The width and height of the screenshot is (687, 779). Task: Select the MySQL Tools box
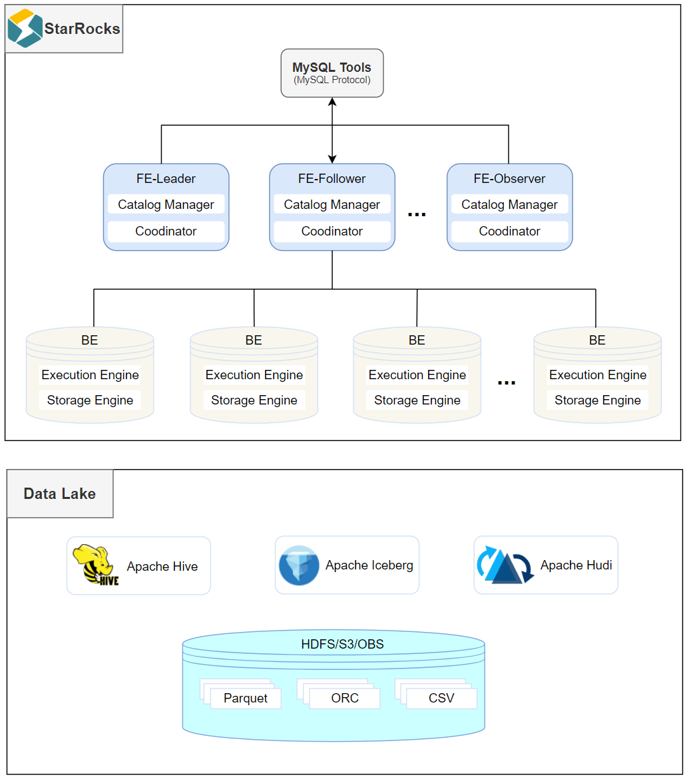click(332, 73)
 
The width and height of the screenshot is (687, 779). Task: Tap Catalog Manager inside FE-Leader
click(166, 205)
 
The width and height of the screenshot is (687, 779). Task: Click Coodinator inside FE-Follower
click(332, 232)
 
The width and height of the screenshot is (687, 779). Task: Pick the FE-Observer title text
click(509, 179)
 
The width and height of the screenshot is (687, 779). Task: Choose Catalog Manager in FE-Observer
click(509, 205)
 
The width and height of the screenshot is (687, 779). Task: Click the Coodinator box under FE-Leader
click(166, 232)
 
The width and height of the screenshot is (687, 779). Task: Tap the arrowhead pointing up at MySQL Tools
click(332, 102)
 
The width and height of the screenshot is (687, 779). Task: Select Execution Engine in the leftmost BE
click(90, 375)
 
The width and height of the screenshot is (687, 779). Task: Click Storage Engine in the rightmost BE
click(597, 400)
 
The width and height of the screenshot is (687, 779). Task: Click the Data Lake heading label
click(59, 494)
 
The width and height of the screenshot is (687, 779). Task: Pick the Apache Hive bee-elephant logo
click(96, 565)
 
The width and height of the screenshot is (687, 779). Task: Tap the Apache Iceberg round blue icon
click(299, 565)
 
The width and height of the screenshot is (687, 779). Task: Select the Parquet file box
click(245, 699)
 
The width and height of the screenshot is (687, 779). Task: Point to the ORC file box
click(344, 699)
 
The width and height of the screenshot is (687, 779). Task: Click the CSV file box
click(441, 699)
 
